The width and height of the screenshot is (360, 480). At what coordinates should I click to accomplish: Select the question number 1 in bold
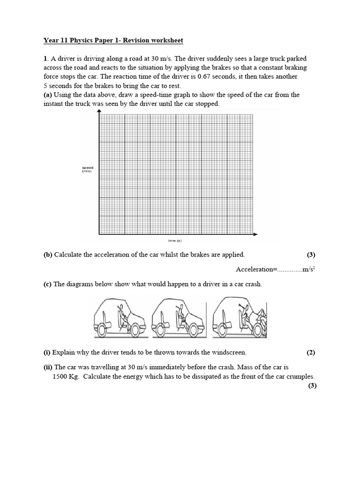tap(45, 59)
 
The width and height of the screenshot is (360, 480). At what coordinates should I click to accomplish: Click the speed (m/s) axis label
tap(88, 169)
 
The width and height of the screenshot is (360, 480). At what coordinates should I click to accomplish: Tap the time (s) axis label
tap(174, 240)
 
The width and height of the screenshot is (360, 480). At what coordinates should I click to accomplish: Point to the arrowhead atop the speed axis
tap(99, 111)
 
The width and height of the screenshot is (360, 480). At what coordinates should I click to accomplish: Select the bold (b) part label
tap(48, 255)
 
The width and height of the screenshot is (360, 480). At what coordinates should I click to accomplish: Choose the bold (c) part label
tap(48, 284)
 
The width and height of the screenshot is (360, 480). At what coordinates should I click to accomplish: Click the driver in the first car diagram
tap(120, 315)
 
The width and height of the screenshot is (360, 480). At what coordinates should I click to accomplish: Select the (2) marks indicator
tap(312, 352)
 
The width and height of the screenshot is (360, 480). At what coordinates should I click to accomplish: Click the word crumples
tap(300, 376)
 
